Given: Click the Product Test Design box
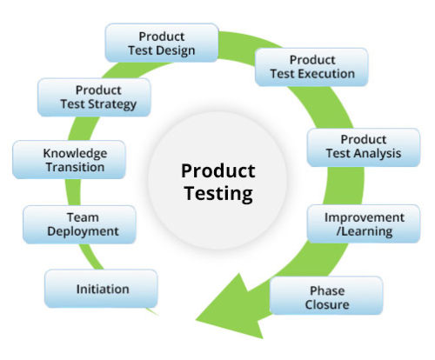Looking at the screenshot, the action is (x=162, y=43).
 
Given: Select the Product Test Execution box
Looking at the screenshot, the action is (x=311, y=67).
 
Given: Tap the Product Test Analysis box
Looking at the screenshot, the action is (x=364, y=147).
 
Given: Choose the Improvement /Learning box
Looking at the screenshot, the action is (x=364, y=223).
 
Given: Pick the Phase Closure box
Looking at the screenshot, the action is (x=326, y=296).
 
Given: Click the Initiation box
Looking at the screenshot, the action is (x=101, y=289).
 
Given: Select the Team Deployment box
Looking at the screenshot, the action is (x=79, y=224).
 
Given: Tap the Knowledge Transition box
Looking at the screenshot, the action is (x=69, y=160).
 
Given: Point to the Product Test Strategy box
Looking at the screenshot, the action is (x=94, y=97).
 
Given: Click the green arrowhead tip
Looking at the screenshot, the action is (x=196, y=320).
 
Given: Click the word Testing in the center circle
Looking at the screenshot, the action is (x=218, y=194).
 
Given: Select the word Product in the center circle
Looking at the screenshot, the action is (x=218, y=170).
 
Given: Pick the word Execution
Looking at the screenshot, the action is (x=326, y=74).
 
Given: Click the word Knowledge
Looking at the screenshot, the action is (x=75, y=153).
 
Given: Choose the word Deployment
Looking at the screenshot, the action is (x=83, y=231).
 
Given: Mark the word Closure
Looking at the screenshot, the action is (x=327, y=304).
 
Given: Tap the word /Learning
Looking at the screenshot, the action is (x=365, y=231).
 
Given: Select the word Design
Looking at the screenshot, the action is (x=177, y=51).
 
